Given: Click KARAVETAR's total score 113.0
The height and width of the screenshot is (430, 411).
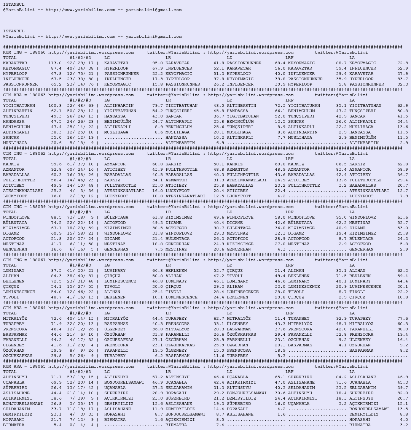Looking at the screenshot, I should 55,63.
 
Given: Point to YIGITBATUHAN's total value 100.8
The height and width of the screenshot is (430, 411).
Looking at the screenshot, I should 55,106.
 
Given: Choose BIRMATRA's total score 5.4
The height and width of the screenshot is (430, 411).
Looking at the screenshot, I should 57,425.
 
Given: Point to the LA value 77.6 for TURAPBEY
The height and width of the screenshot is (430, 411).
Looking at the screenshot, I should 403,319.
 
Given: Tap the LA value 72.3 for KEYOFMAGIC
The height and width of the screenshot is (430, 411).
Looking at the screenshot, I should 403,63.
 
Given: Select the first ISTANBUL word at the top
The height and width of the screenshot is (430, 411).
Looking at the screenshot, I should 14,5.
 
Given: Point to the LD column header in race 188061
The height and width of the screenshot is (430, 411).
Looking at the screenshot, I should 229,265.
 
